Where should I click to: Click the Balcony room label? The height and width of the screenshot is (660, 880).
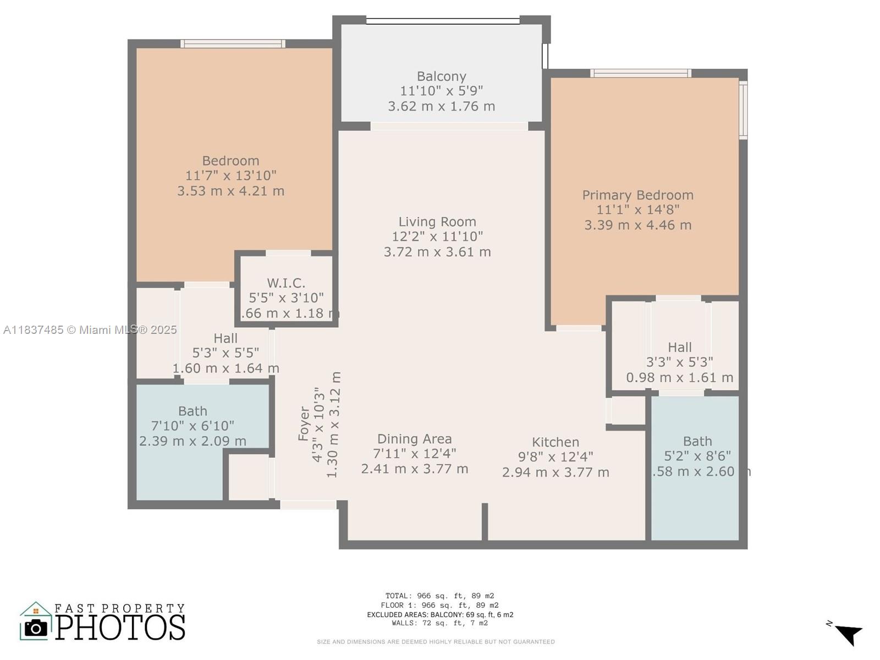(441, 76)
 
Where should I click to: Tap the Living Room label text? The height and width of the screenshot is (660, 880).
(437, 222)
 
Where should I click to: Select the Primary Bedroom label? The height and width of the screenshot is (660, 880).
(637, 195)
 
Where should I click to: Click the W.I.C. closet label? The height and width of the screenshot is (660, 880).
(286, 283)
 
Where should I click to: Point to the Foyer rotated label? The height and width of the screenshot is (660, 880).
(304, 424)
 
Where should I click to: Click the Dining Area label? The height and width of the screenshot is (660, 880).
(414, 439)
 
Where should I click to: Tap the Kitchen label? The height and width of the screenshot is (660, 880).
(555, 442)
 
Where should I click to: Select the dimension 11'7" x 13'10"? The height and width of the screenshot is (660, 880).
(230, 175)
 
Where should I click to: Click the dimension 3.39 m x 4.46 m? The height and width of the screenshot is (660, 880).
(637, 225)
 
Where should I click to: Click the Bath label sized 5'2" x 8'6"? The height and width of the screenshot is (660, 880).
(697, 441)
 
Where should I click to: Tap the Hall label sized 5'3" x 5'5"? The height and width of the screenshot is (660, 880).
(226, 338)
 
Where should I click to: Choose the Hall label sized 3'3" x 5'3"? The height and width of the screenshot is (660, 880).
(679, 347)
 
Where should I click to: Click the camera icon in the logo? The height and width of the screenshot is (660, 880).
(36, 628)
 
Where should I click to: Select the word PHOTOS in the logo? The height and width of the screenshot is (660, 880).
(120, 628)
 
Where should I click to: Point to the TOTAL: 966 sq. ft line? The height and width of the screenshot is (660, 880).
(439, 596)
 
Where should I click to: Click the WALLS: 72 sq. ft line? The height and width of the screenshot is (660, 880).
(439, 623)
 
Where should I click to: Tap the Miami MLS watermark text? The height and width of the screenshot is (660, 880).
(90, 330)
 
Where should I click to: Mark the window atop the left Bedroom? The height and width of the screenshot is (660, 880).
(233, 44)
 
